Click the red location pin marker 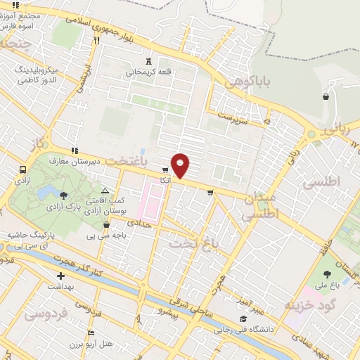(181, 165)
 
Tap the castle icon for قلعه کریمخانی (148, 60)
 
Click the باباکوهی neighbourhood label (243, 82)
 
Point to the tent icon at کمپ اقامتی (105, 191)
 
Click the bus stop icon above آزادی (23, 169)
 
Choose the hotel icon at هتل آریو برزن (91, 333)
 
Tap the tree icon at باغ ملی (327, 274)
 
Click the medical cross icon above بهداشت (61, 276)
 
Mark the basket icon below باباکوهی (326, 97)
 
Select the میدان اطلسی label (261, 207)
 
